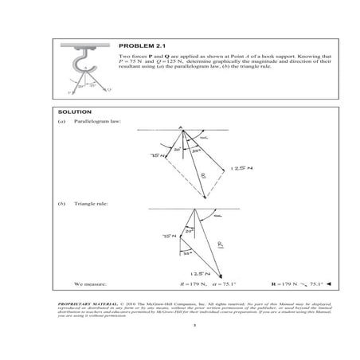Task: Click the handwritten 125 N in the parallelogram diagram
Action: coord(240,169)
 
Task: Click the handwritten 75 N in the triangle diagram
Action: coord(168,237)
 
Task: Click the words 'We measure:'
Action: coord(88,283)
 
